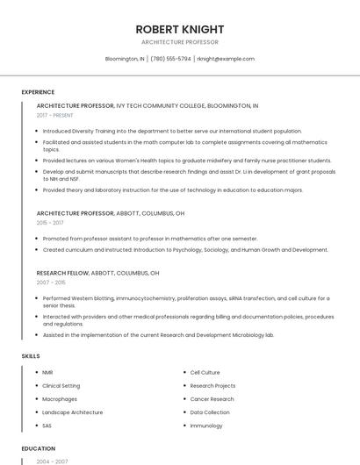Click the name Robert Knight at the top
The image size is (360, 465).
[179, 29]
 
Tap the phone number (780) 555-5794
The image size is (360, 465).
[170, 59]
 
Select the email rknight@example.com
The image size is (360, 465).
[226, 59]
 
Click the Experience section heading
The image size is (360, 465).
[38, 92]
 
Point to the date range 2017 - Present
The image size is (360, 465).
[55, 115]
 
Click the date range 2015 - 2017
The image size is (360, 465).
[50, 223]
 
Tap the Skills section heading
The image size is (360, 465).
[31, 356]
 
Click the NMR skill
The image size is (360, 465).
[47, 373]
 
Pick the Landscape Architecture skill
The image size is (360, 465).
[72, 412]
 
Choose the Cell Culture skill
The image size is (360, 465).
[205, 373]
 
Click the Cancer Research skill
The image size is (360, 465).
[212, 399]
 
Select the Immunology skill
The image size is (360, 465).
[206, 426]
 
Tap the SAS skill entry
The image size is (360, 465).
[47, 426]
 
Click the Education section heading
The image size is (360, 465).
[39, 448]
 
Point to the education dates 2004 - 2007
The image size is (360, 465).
[52, 461]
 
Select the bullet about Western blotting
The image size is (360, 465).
[186, 298]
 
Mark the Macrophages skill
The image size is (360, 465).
[60, 399]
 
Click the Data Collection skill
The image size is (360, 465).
[210, 412]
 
